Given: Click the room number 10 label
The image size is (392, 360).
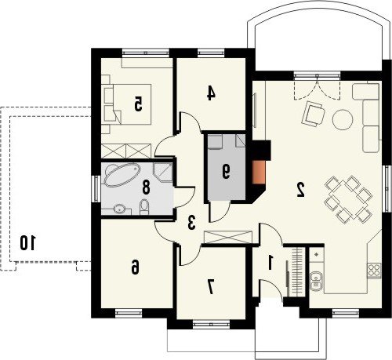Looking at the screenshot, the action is pos(28,243).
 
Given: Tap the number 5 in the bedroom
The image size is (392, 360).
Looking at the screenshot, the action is pos(138,104).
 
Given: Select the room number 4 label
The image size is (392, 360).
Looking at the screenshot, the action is pos(211,93).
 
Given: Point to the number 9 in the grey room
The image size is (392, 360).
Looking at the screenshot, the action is pos(226,171).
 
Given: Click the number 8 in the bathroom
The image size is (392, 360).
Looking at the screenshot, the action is pos(146,187).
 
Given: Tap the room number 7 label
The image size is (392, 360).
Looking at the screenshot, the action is pos(211,287).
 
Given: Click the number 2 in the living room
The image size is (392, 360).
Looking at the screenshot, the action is pos(300,190).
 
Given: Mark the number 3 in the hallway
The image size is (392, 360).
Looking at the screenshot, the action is pos(191,223).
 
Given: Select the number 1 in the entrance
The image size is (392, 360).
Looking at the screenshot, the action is pos(270,262).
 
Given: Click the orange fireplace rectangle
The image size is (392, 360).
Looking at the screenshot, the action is pos(259,172).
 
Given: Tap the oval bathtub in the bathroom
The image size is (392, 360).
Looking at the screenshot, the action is pos(122,175).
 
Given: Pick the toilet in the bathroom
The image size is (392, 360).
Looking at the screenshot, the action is pos(144,207).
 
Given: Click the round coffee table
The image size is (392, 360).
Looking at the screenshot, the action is pos(342,119).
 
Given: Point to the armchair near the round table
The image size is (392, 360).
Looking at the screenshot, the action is pos(313,113).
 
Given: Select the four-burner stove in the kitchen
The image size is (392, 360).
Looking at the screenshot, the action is pos(374,271).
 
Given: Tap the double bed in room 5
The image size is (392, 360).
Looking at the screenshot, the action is pos(128,104).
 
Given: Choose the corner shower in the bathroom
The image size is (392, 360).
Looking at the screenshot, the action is pos(162,173).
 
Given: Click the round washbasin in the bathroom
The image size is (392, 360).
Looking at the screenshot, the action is pos(120,209).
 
